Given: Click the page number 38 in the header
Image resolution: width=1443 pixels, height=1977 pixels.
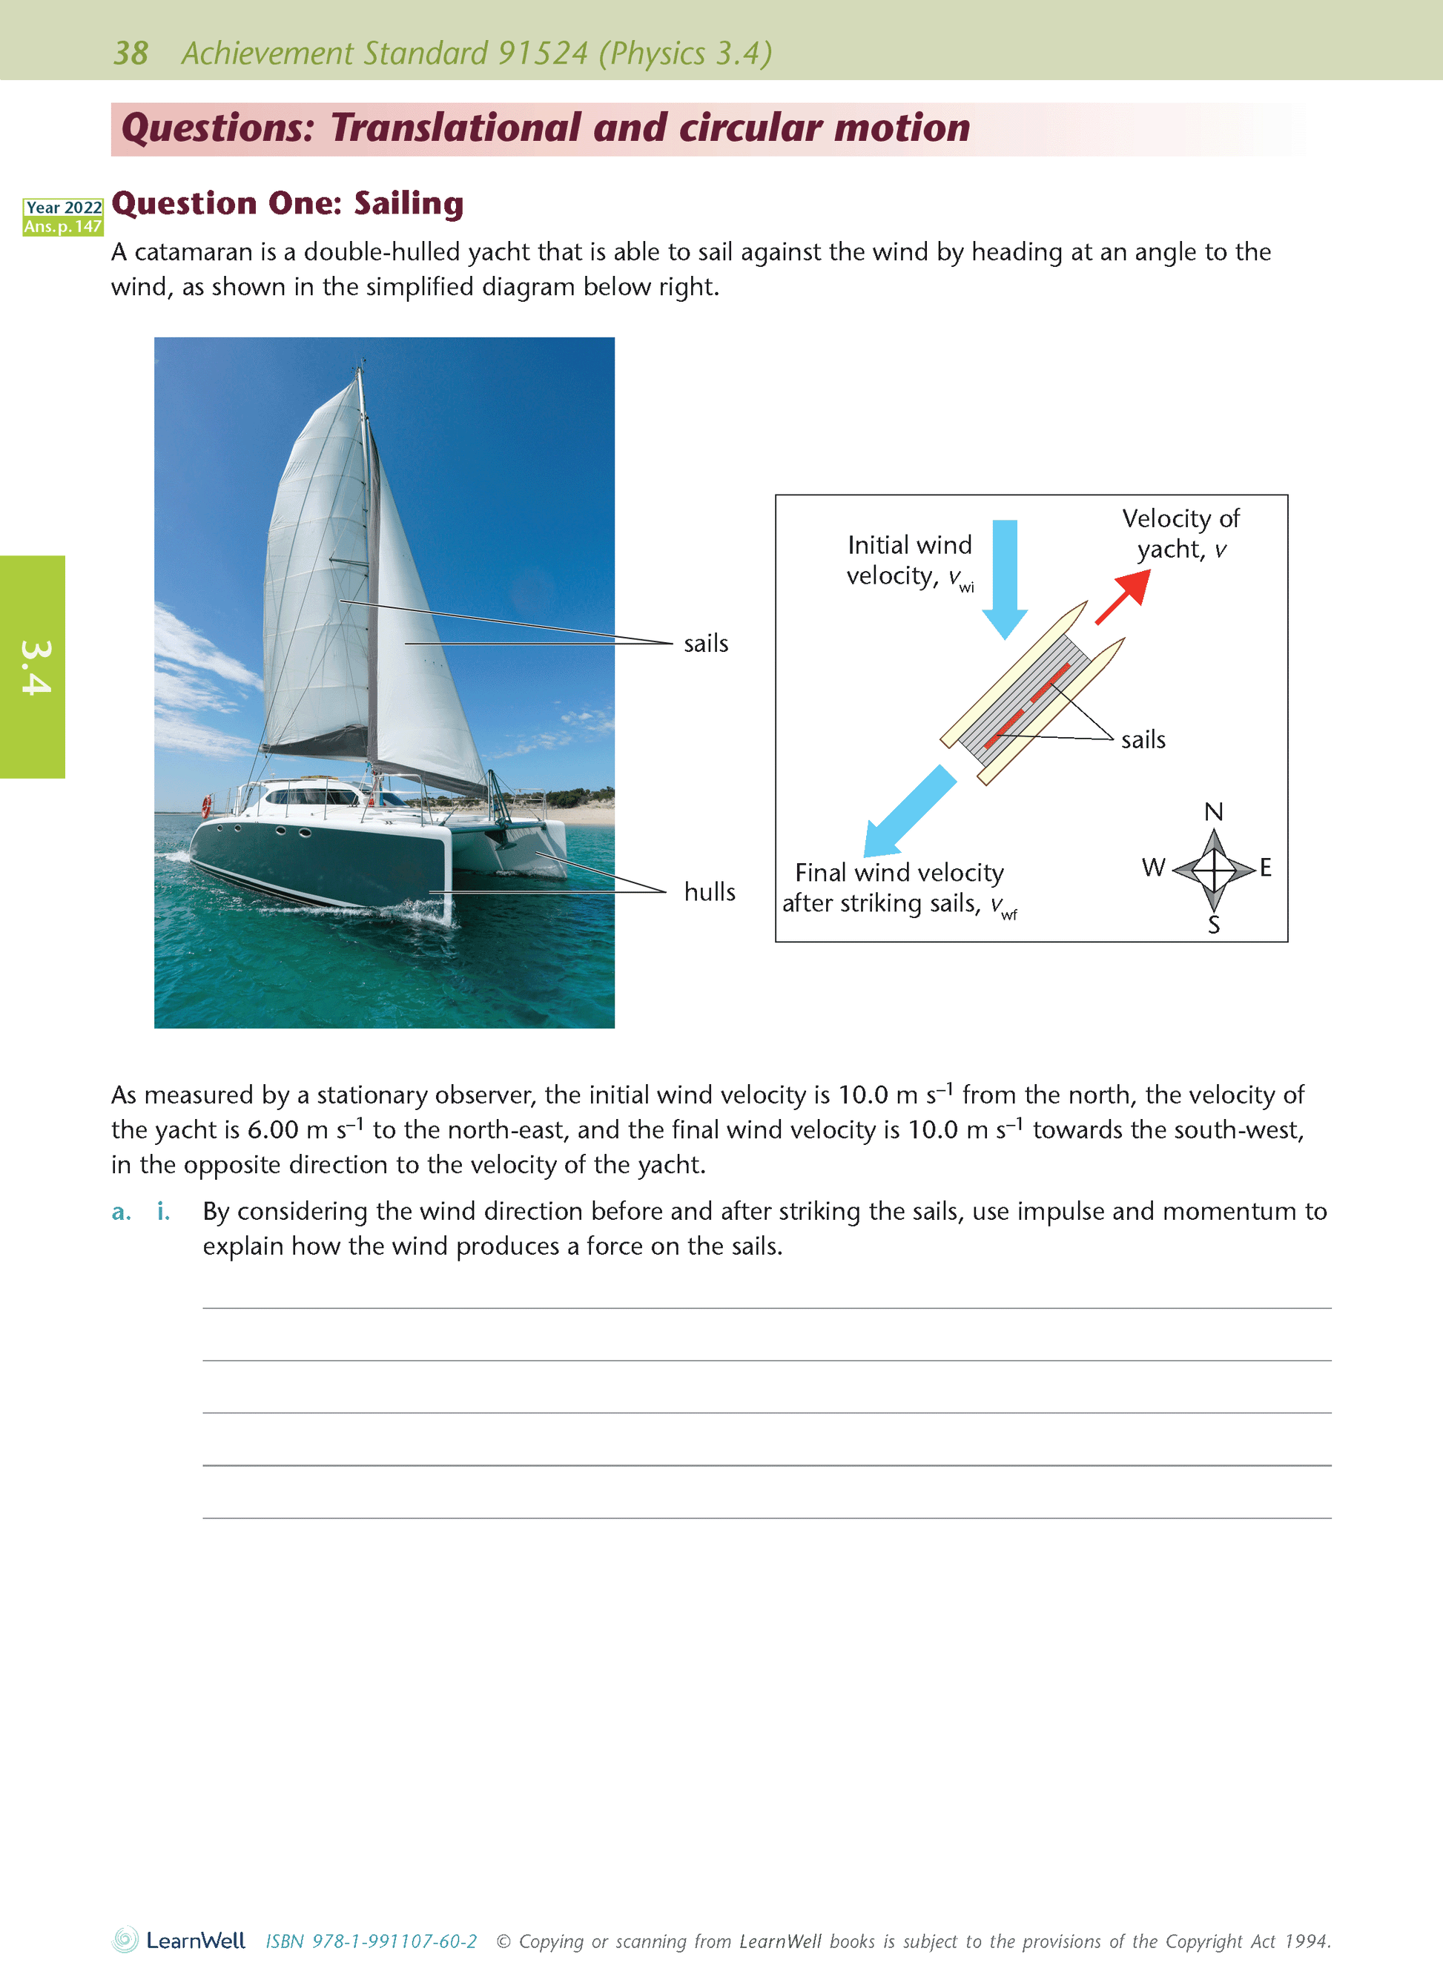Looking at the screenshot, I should click(131, 53).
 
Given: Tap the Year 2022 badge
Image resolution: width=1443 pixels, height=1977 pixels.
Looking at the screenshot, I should click(63, 207).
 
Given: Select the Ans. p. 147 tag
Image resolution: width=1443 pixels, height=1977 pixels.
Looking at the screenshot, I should click(63, 227).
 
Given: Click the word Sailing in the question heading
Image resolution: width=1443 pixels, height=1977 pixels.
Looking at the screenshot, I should click(408, 203).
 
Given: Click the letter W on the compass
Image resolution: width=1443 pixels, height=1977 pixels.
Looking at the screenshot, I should click(1153, 868).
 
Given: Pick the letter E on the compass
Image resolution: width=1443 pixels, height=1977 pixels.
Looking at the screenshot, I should click(1265, 868).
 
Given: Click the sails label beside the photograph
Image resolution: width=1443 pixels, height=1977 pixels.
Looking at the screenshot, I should click(706, 644).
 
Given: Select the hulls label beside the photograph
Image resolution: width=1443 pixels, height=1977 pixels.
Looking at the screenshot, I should click(710, 892).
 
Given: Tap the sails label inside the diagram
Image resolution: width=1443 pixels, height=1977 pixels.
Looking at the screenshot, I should click(1143, 740).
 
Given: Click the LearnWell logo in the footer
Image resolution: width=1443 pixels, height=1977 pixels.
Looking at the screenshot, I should click(179, 1941).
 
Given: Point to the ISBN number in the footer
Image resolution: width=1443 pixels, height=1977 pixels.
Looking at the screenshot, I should click(372, 1941).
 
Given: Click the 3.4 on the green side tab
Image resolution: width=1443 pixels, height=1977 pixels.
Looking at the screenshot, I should click(35, 667).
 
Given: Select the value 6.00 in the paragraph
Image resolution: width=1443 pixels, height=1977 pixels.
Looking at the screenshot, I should click(273, 1129).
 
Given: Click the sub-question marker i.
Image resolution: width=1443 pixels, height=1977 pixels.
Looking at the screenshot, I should click(163, 1212).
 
